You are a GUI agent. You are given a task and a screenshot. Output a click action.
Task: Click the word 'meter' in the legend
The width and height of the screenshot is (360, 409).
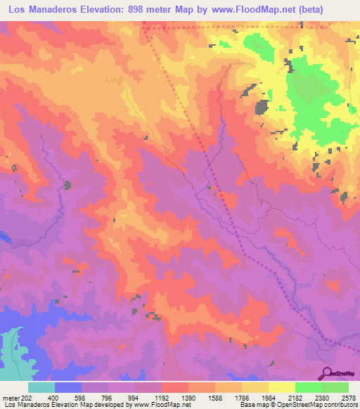tap(10, 398)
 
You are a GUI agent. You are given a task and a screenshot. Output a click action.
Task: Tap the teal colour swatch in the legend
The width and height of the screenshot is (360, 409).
tap(41, 387)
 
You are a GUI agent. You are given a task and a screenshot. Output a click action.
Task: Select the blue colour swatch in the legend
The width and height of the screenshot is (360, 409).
tap(68, 387)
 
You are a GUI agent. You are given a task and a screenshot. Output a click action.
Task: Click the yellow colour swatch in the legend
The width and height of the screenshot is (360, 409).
tap(282, 387)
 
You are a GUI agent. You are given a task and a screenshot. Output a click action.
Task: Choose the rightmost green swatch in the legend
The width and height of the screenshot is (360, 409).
tap(335, 387)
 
